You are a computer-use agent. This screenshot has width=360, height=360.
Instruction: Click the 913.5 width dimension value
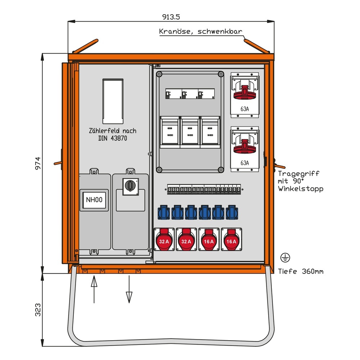[171, 17]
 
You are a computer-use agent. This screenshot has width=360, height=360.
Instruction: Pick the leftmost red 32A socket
[164, 240]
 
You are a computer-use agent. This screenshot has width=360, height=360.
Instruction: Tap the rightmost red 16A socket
[231, 240]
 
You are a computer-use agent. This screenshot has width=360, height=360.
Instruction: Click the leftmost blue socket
[164, 212]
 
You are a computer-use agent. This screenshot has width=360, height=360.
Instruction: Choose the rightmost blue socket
[232, 212]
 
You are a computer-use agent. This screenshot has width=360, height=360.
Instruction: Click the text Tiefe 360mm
[301, 271]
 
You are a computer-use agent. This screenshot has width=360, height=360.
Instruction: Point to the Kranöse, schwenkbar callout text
[201, 32]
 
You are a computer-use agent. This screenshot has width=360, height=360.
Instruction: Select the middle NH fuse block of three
[190, 132]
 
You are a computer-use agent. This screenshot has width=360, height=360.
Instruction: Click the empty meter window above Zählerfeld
[113, 100]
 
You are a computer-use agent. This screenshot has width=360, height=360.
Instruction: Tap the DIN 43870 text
[112, 138]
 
